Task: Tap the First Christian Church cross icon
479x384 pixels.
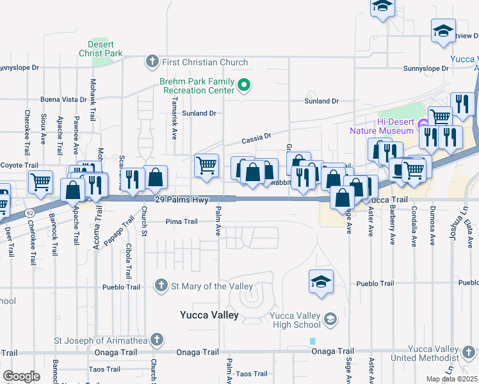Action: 152,62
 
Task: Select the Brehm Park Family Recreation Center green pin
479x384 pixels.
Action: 243,85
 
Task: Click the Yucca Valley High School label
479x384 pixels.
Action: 295,320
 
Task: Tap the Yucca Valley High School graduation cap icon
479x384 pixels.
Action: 330,319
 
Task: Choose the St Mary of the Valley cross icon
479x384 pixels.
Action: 161,286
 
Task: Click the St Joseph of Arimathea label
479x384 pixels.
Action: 95,340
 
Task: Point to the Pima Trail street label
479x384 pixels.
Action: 181,221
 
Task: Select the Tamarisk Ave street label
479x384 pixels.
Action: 175,123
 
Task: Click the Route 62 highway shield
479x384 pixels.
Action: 30,212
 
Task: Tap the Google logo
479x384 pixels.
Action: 21,376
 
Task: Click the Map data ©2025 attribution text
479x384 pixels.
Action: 451,379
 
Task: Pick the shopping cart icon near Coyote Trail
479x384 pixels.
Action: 41,181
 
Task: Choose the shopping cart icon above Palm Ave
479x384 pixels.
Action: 206,164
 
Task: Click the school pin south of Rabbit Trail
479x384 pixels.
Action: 321,281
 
